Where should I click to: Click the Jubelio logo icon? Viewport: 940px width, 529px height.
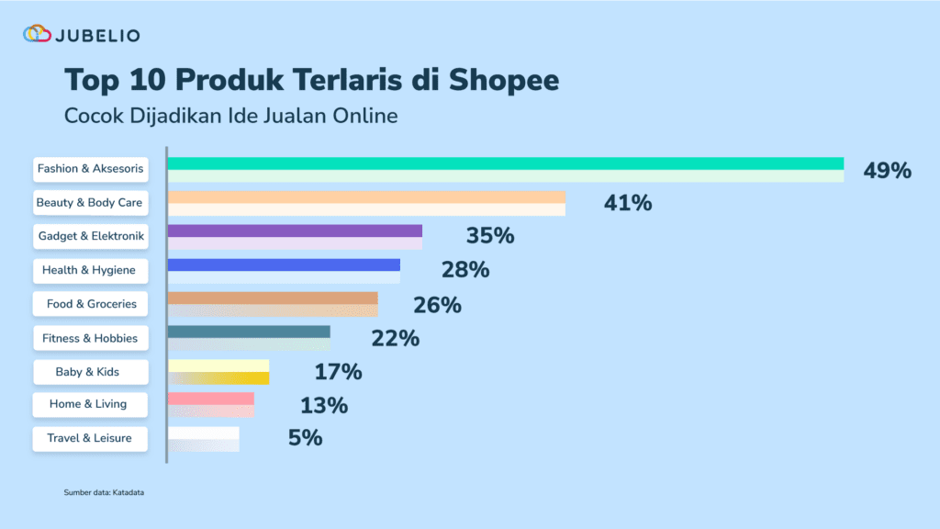pyautogui.click(x=37, y=35)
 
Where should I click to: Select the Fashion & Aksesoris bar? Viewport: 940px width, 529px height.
pyautogui.click(x=505, y=170)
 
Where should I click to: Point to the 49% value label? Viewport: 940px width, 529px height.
pyautogui.click(x=887, y=170)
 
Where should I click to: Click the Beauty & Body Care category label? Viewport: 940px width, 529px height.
pyautogui.click(x=89, y=203)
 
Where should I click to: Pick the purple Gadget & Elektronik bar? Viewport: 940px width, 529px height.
pyautogui.click(x=295, y=237)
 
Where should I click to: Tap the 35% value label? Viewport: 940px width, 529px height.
pyautogui.click(x=489, y=236)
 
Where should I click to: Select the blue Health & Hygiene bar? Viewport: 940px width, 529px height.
pyautogui.click(x=284, y=271)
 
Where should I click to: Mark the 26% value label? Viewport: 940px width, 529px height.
pyautogui.click(x=437, y=305)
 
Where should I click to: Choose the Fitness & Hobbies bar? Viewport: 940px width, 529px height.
pyautogui.click(x=249, y=338)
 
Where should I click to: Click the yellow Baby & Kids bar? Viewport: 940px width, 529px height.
pyautogui.click(x=218, y=372)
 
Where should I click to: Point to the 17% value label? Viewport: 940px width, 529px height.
pyautogui.click(x=338, y=372)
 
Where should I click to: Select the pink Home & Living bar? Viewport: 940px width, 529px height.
pyautogui.click(x=211, y=405)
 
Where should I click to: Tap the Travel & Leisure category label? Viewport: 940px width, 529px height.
pyautogui.click(x=89, y=438)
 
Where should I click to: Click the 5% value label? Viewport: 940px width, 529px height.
pyautogui.click(x=305, y=438)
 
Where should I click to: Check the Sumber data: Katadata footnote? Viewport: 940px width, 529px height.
pyautogui.click(x=104, y=493)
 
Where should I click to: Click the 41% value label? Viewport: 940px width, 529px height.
pyautogui.click(x=628, y=203)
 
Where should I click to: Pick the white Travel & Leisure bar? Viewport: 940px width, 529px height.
pyautogui.click(x=204, y=439)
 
